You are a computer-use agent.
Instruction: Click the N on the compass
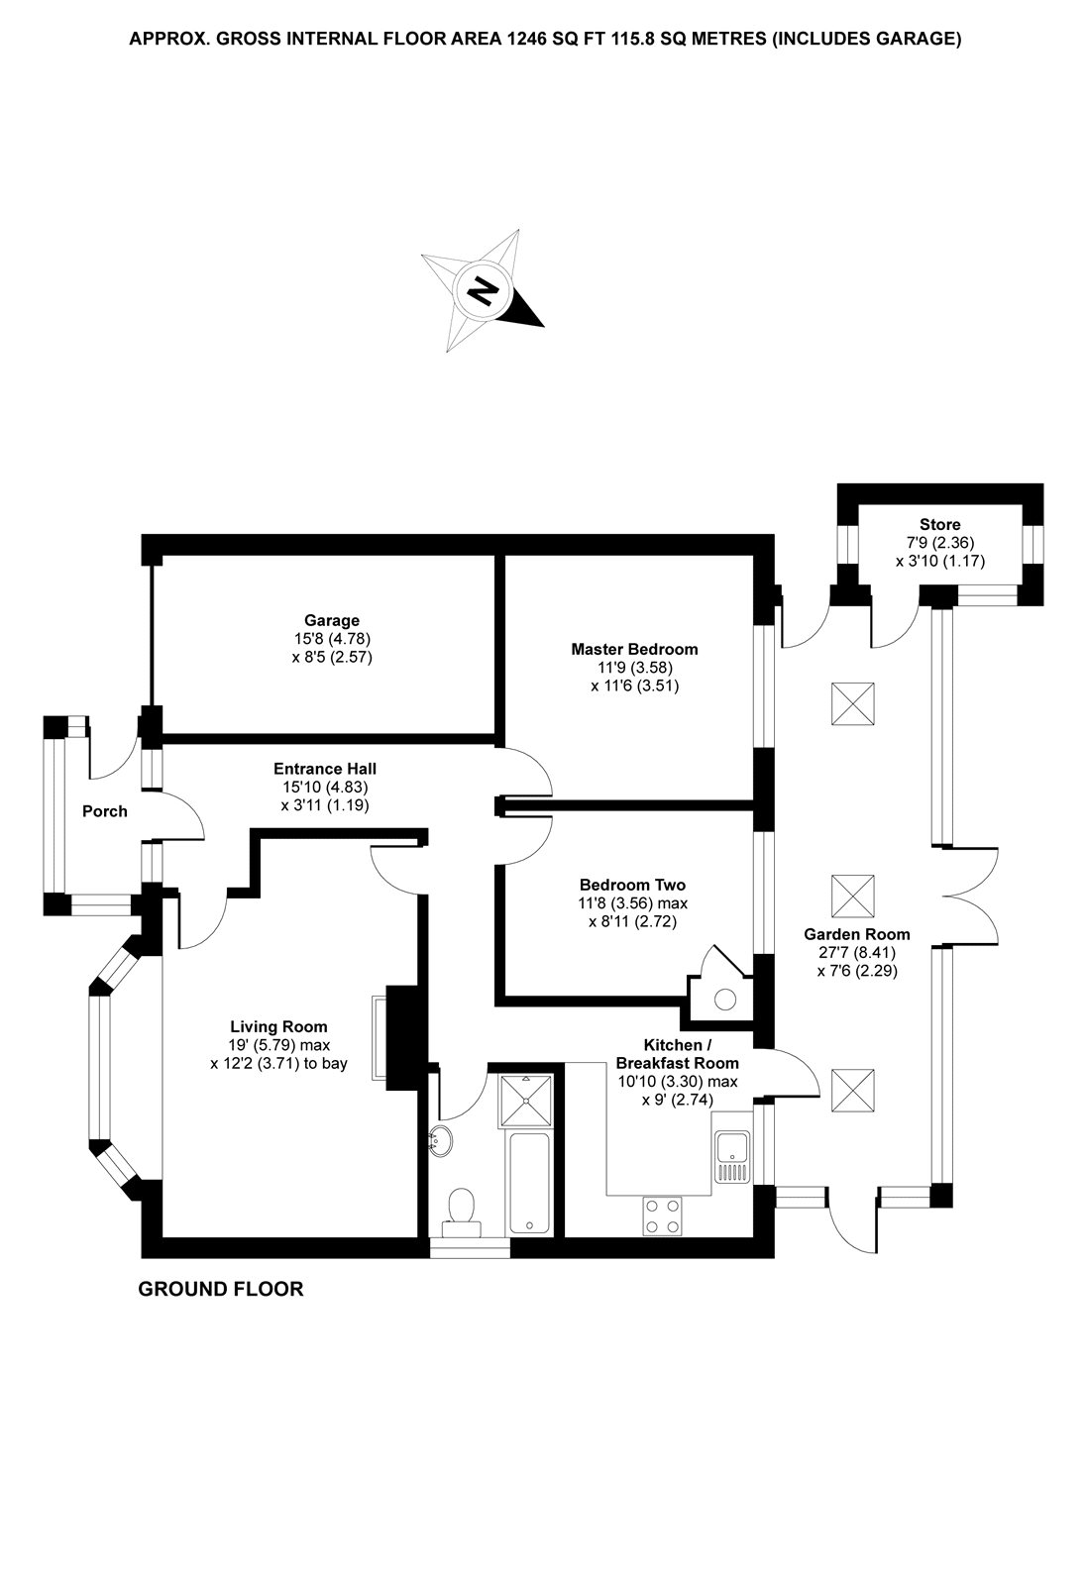point(484,290)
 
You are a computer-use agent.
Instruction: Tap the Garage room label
point(332,621)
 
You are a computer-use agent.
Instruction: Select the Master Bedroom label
point(634,649)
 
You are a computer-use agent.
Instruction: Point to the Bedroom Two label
point(632,885)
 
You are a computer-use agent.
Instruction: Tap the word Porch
point(105,811)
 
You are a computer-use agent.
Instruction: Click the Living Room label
point(278,1027)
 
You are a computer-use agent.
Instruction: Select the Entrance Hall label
point(325,769)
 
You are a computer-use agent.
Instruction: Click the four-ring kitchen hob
point(662,1215)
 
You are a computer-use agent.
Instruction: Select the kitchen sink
point(733,1156)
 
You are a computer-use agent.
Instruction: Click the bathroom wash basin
point(441,1141)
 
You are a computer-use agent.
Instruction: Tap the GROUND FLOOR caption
point(220,1289)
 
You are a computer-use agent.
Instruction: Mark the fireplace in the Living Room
point(401,1037)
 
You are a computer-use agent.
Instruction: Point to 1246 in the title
point(529,40)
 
